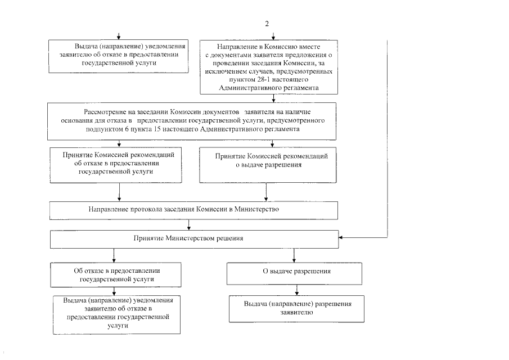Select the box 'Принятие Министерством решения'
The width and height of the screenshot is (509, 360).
click(195, 238)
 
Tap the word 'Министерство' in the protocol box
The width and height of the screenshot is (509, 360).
click(259, 209)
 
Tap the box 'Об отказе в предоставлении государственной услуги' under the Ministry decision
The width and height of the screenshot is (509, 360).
click(116, 274)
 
